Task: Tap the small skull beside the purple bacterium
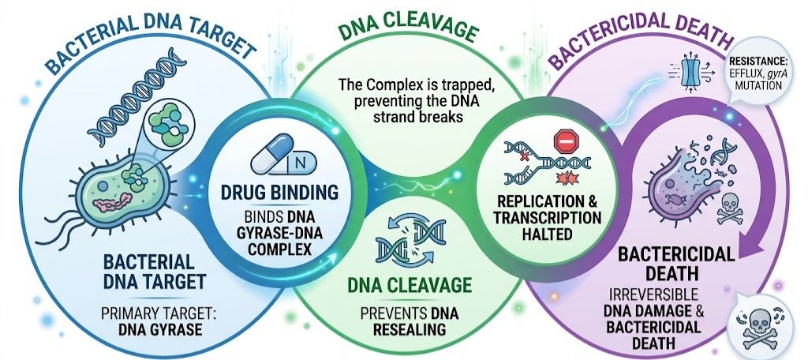[730, 208]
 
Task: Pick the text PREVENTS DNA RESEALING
[409, 321]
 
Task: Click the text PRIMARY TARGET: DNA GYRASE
[152, 321]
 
